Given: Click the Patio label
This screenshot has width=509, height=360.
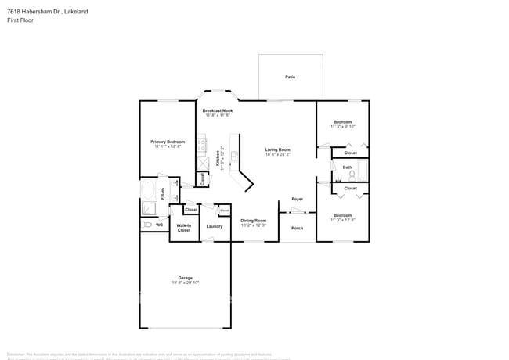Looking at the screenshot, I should (x=290, y=77).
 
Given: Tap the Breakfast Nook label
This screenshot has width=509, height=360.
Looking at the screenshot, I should (x=218, y=111).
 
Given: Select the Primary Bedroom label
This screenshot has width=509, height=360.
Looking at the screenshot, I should (x=168, y=142).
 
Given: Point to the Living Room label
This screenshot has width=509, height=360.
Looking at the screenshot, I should (x=277, y=149).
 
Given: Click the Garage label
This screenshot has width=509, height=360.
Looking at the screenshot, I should (x=185, y=277).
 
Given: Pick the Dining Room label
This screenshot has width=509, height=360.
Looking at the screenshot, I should (x=253, y=221).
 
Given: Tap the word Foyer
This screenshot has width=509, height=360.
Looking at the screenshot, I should (x=298, y=199).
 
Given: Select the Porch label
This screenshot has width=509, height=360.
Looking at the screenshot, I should (x=297, y=228).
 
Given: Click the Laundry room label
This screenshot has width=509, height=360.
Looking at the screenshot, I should (x=215, y=227).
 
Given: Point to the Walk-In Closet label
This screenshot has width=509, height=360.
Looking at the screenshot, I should (x=184, y=228).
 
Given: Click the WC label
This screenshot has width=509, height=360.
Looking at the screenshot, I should (x=159, y=225).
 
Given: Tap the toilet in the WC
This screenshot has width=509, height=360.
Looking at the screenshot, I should (x=146, y=225).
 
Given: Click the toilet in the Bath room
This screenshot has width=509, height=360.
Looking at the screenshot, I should (x=352, y=175).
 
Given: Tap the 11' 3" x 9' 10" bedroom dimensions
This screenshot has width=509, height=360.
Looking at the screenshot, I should (x=343, y=127).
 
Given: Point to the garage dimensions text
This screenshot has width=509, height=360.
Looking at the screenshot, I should (x=185, y=283).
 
